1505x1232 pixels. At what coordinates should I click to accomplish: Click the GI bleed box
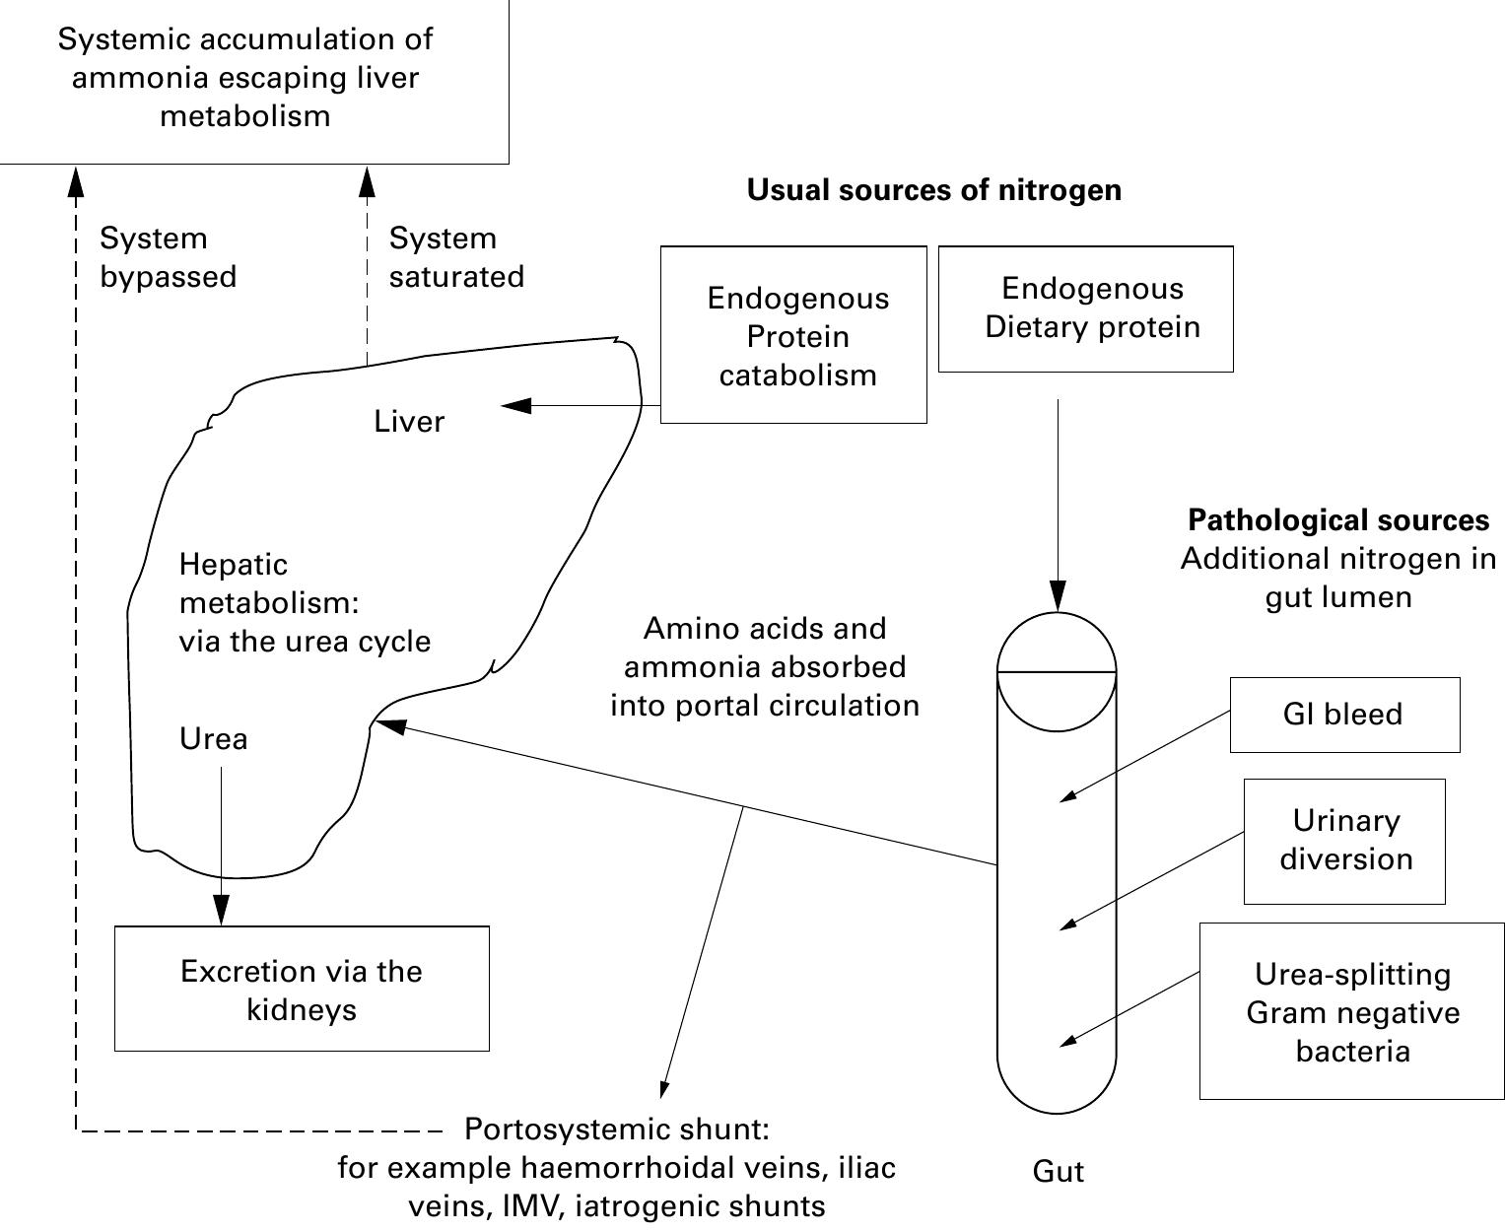click(x=1344, y=715)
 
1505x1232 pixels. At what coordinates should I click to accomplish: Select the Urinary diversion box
click(x=1344, y=841)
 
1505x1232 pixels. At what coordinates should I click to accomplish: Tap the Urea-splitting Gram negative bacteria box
click(x=1351, y=1011)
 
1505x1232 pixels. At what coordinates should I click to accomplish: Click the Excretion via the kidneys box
click(x=302, y=989)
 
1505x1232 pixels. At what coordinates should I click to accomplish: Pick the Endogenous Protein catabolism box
click(x=793, y=335)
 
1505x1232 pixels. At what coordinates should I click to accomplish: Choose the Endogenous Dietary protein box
click(x=1085, y=308)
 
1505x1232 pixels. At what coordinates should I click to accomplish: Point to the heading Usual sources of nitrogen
click(x=933, y=189)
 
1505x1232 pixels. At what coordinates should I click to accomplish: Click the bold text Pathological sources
click(x=1337, y=519)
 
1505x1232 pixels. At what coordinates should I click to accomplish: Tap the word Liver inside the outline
click(x=409, y=422)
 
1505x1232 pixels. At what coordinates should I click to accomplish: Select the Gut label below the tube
click(x=1058, y=1171)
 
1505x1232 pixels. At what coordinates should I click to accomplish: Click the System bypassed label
click(x=168, y=257)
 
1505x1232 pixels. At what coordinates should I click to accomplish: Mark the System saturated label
click(x=455, y=257)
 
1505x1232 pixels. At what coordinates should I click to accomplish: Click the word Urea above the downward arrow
click(x=213, y=739)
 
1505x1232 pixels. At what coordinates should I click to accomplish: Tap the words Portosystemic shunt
click(x=616, y=1129)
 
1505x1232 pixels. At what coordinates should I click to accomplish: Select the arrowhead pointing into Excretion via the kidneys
click(x=221, y=911)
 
